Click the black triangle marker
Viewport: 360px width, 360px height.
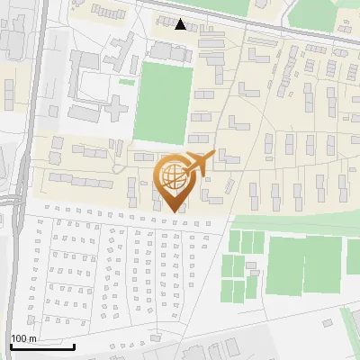coord(181,24)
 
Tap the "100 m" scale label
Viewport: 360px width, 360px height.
coord(22,338)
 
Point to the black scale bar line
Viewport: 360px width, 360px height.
coord(41,346)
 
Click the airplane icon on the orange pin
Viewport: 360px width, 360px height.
coord(199,164)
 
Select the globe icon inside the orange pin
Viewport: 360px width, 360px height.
coord(171,175)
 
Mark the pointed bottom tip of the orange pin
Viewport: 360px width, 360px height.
coord(173,211)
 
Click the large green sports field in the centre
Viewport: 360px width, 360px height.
coord(164,102)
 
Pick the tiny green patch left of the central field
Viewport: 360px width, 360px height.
coord(127,82)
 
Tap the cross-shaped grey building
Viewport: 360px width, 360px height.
coord(118,105)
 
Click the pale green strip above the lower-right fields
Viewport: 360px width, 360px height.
coord(297,222)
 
